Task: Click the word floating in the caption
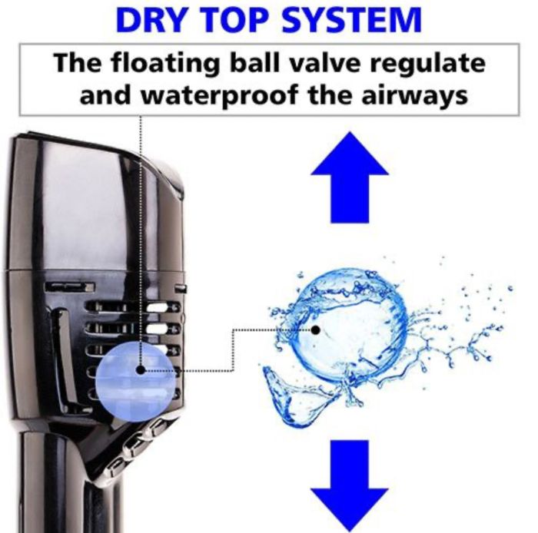(x=164, y=65)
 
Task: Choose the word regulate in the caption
(x=428, y=65)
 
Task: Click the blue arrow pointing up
(x=350, y=177)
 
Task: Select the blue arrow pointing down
(x=350, y=486)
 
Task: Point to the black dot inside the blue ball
(x=141, y=370)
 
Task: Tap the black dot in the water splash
(x=316, y=330)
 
